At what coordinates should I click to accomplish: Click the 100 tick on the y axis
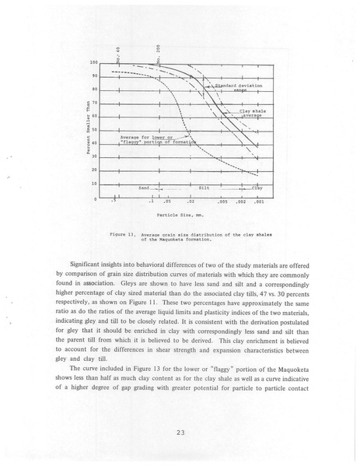(93, 62)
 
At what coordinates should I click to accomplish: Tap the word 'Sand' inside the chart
(144, 187)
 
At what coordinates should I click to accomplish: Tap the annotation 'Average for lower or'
(147, 138)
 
